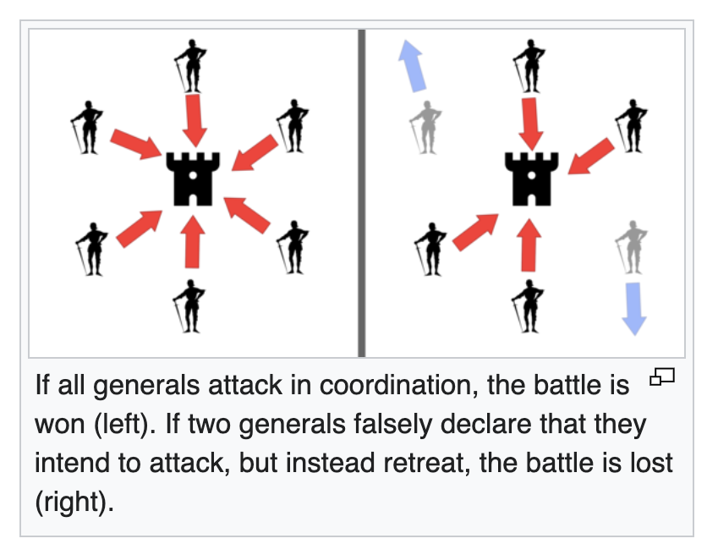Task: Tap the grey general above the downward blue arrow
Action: [x=632, y=246]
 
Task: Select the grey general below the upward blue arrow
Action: [x=425, y=126]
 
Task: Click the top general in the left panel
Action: [x=191, y=64]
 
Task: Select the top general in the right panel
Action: [x=529, y=64]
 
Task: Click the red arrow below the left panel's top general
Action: [x=195, y=118]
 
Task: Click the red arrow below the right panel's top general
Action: [x=532, y=118]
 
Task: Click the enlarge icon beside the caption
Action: [x=661, y=376]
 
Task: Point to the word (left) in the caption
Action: [x=127, y=424]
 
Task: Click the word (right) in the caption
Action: [x=74, y=500]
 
